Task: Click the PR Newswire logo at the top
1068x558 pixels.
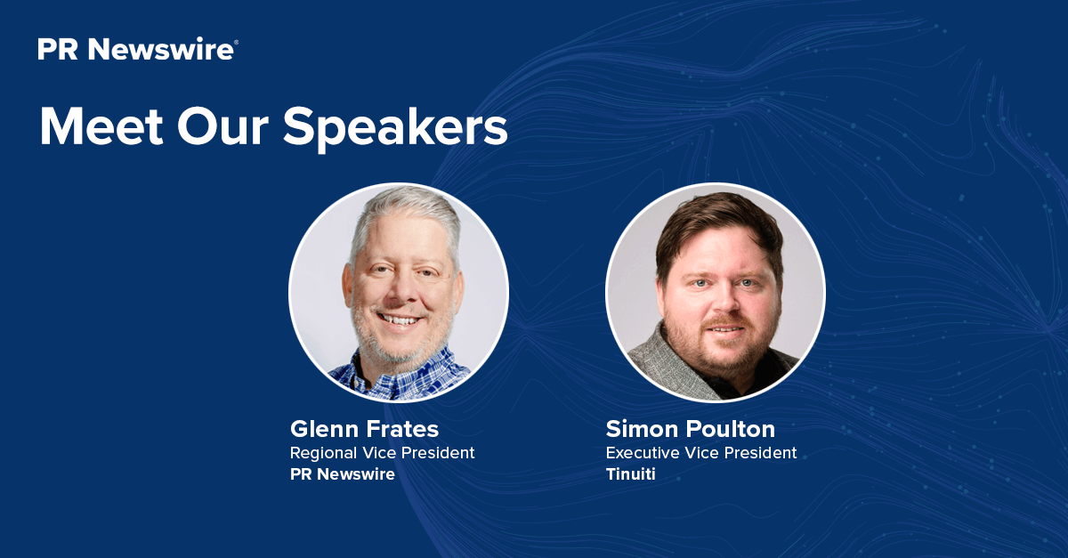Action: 136,50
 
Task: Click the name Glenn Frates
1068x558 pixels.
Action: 364,429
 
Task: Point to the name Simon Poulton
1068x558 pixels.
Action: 690,429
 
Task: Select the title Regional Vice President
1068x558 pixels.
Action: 382,453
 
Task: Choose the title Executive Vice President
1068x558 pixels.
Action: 700,453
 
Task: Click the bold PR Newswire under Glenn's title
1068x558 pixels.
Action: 342,474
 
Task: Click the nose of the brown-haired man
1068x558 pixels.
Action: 720,301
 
